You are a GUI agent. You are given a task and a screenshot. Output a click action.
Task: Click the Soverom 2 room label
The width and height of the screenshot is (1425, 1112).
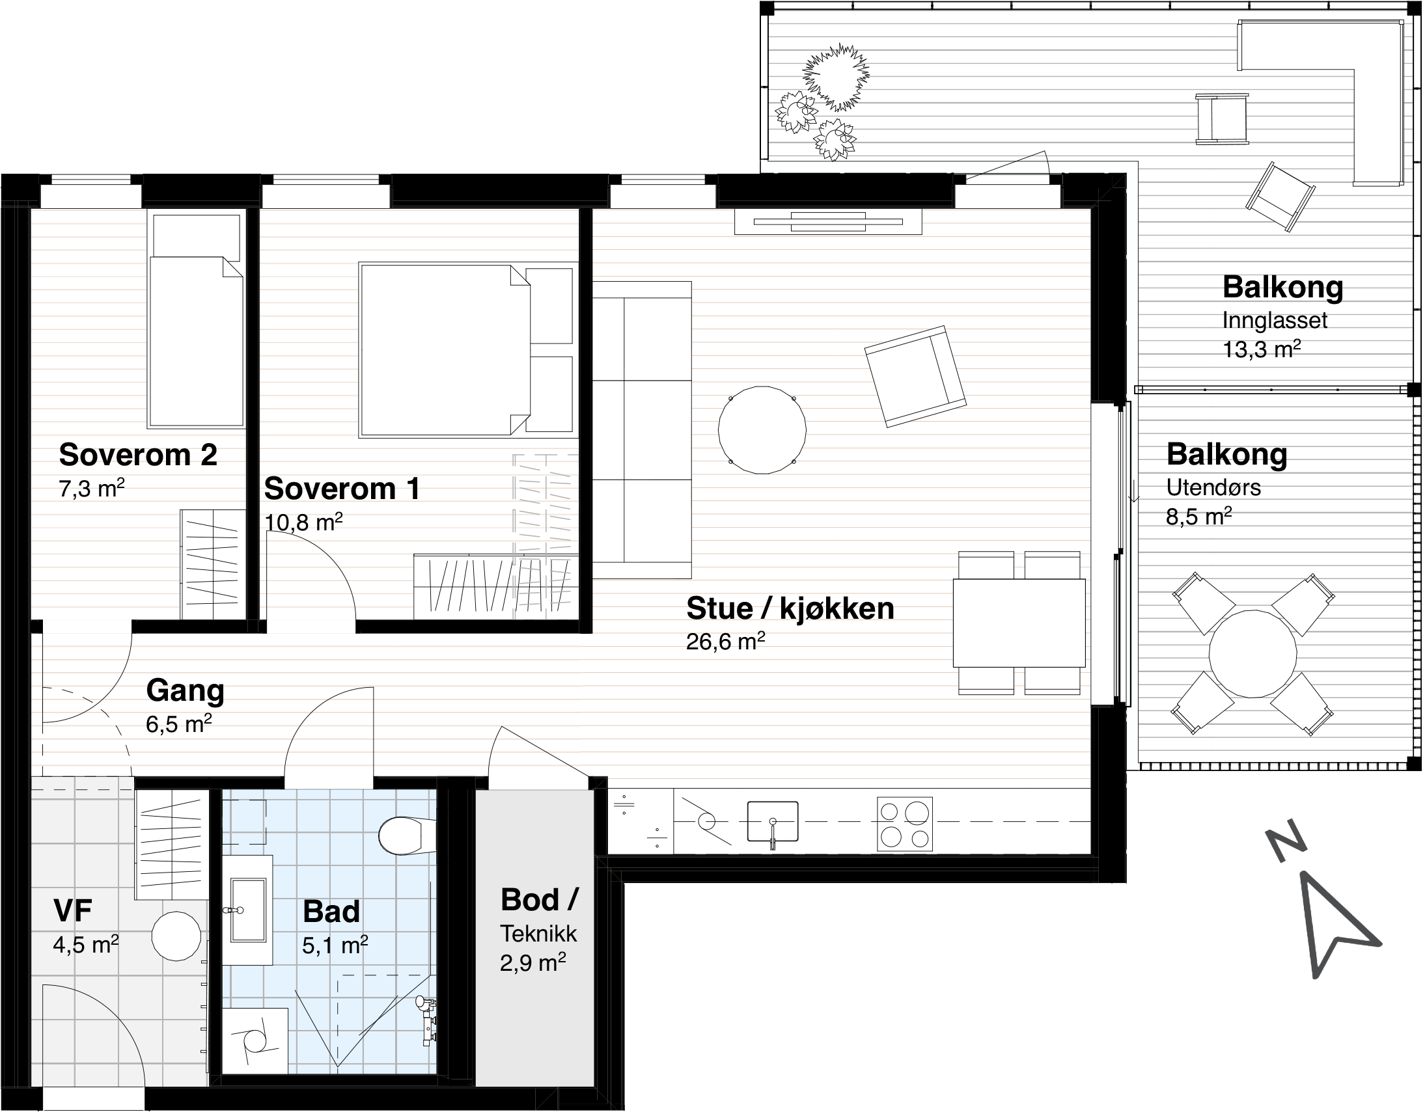tap(138, 455)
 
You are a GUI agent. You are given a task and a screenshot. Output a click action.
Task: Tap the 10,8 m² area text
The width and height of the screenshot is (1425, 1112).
tap(303, 522)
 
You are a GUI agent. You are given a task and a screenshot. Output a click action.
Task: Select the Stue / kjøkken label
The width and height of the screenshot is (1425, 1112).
tap(790, 609)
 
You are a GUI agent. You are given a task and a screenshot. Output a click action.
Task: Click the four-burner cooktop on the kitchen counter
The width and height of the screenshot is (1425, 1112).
tap(904, 824)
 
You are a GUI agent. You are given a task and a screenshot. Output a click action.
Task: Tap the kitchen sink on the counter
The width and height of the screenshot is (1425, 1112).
tap(773, 821)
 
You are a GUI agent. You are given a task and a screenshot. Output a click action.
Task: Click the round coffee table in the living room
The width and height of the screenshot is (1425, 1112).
tap(762, 430)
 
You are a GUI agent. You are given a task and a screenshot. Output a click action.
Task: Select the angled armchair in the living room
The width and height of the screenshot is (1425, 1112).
tap(915, 376)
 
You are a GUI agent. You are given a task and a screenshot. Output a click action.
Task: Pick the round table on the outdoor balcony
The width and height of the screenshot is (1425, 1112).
tap(1252, 653)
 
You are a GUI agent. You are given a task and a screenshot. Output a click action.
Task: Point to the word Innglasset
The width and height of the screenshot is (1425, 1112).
tap(1273, 321)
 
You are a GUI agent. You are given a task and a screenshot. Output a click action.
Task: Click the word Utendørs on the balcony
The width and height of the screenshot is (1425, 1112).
tap(1213, 487)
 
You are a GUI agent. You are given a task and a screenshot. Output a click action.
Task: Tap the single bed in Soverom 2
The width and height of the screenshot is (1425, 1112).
tap(197, 320)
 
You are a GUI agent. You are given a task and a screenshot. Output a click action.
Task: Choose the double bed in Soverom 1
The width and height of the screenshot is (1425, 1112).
tap(468, 349)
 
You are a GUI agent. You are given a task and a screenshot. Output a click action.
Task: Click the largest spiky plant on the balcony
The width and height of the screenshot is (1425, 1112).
tap(836, 77)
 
